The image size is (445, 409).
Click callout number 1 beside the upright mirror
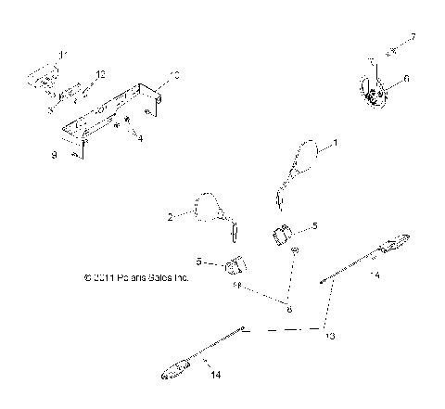336,144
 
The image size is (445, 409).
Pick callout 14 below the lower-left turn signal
216,375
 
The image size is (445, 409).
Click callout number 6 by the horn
406,80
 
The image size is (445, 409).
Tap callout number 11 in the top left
62,57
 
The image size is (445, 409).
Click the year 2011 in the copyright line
105,276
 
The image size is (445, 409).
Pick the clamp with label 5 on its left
235,268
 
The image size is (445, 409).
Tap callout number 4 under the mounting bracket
140,138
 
